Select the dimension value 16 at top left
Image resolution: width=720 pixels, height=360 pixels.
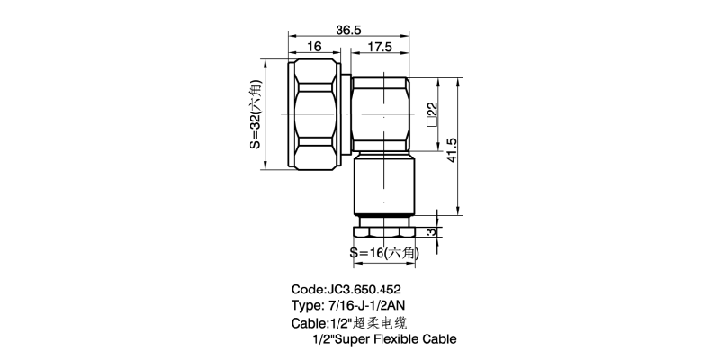pos(314,47)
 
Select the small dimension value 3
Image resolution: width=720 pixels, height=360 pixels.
pos(432,231)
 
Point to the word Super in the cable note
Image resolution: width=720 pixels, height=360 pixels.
pos(358,339)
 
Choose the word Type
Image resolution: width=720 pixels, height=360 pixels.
pos(307,306)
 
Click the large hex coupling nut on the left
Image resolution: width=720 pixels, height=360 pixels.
pos(316,115)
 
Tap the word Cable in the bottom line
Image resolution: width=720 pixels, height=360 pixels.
pos(438,339)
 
